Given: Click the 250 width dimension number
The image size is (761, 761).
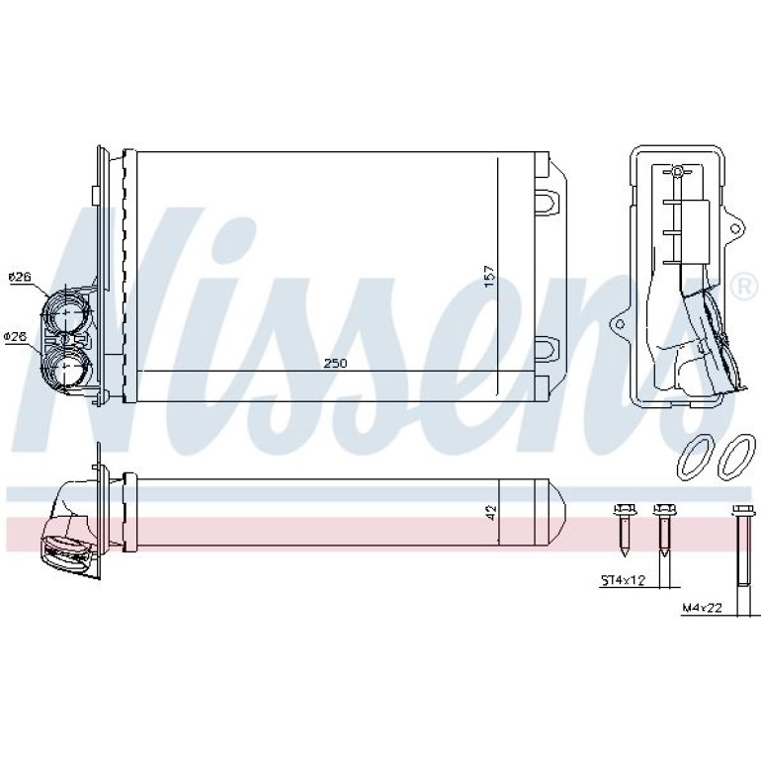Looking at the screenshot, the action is [335, 363].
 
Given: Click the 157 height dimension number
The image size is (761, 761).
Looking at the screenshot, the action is [489, 275].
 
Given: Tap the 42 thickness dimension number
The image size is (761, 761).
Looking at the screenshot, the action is [491, 513].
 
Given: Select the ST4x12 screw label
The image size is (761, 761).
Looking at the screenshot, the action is [624, 580].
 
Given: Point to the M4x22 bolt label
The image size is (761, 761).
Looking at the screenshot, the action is [703, 607].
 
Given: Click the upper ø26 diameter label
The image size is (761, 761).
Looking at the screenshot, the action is [20, 277].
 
